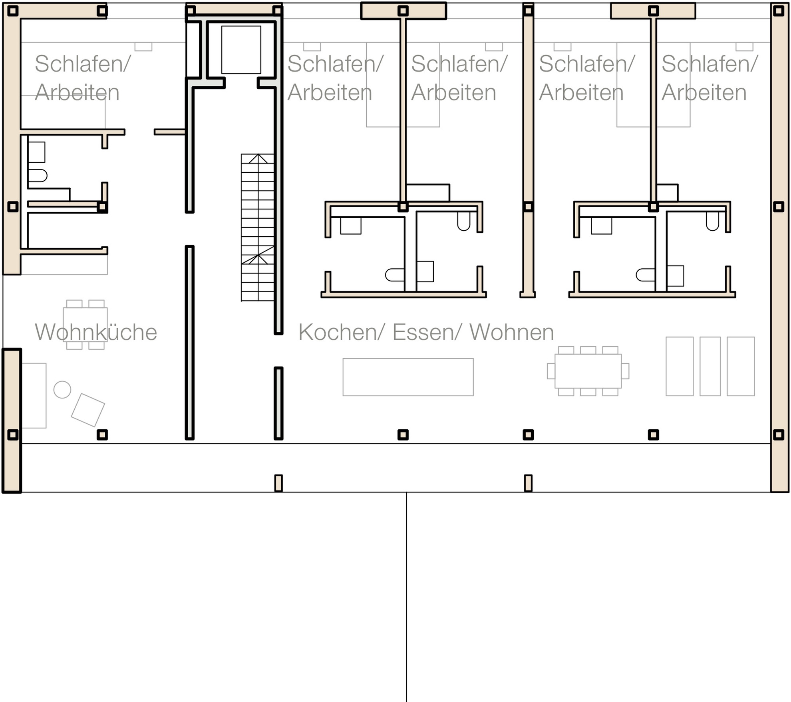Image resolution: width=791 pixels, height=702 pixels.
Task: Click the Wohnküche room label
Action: [96, 332]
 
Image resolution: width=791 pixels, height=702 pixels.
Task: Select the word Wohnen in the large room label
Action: [512, 332]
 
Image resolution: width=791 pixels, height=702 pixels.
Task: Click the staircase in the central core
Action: [258, 227]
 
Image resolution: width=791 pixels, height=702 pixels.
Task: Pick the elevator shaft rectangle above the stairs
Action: [241, 50]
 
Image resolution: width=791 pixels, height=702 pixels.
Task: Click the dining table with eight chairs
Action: [588, 371]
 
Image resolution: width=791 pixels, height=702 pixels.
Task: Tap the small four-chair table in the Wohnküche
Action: [85, 325]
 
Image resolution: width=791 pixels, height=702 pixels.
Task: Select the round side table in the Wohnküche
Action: [62, 389]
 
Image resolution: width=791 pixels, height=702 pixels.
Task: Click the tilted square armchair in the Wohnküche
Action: [88, 410]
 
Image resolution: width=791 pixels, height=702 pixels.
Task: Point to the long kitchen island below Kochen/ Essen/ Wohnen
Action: [408, 377]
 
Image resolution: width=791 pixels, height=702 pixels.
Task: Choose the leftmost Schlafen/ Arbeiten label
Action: [83, 78]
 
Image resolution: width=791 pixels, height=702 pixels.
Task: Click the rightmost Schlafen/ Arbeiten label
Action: [710, 78]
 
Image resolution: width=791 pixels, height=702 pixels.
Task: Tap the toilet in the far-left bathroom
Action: [38, 175]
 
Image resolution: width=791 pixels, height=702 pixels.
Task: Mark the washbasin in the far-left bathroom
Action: [36, 152]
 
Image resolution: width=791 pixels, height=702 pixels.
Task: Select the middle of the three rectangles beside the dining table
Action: [710, 366]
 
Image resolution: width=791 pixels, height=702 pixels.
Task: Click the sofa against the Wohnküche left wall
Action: [34, 395]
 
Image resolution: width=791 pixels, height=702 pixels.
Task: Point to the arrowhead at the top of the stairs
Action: [258, 158]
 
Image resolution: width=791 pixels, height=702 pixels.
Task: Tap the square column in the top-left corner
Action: [13, 11]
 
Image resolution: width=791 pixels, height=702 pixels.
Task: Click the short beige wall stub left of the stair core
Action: [170, 132]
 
